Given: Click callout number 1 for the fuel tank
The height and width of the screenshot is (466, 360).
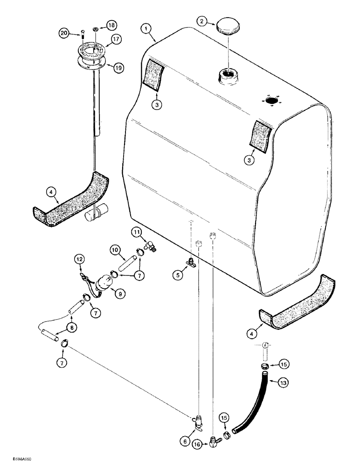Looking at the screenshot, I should (147, 29).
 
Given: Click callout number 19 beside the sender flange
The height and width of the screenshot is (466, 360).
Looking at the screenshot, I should (119, 68).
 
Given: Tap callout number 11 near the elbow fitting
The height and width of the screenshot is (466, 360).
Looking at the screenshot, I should (135, 231).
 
